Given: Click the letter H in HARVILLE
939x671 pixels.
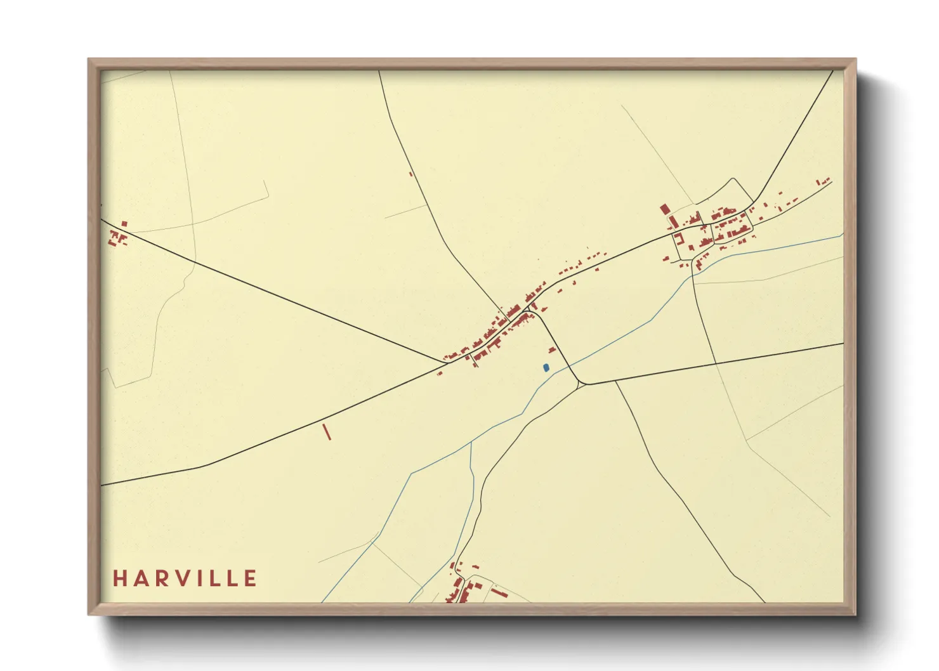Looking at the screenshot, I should (119, 578).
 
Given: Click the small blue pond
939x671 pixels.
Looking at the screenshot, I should (546, 367).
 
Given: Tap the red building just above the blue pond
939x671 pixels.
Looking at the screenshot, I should (552, 349).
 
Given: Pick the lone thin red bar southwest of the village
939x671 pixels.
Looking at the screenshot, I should (327, 432).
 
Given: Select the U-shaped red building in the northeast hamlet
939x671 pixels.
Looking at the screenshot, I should (678, 239).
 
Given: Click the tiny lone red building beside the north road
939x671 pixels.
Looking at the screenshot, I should (411, 174).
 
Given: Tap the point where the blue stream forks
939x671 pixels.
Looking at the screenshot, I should (471, 442).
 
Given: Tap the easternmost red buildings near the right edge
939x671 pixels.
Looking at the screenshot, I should (824, 181).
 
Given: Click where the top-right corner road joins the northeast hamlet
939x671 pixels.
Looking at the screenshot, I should (754, 202).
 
